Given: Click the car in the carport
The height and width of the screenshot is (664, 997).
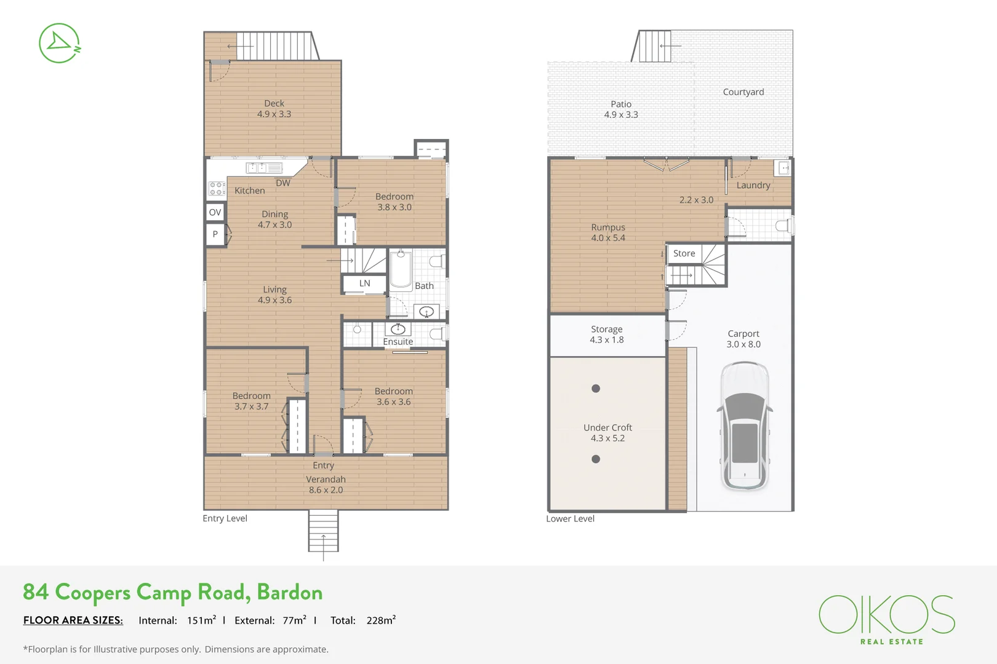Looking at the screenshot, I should [x=745, y=426].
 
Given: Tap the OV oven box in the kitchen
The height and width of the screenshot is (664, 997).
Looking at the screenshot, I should [x=215, y=212].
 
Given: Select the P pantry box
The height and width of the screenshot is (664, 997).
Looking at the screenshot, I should [x=215, y=234].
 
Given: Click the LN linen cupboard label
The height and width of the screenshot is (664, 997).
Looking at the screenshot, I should [x=364, y=283].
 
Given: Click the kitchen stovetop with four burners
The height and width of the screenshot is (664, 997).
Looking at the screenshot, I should [x=217, y=189].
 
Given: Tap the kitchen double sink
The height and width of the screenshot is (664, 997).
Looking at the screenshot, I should [x=264, y=168].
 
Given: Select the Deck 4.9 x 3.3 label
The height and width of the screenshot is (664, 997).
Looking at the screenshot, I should [x=274, y=109].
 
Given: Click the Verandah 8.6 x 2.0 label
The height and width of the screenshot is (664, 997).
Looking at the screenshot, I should [x=326, y=484].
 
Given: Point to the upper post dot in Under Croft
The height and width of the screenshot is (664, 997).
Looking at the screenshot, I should [x=596, y=389].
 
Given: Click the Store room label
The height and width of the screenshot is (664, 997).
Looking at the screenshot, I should [x=684, y=253].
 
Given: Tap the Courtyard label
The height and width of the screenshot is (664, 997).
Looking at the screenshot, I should [x=743, y=92].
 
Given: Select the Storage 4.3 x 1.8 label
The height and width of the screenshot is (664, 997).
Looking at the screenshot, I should [x=607, y=334].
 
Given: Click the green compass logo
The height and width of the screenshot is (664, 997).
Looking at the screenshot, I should [x=60, y=43].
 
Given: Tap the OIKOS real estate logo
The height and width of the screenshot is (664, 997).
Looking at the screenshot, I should [x=887, y=619].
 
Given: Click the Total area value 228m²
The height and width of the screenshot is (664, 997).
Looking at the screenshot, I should [x=381, y=620].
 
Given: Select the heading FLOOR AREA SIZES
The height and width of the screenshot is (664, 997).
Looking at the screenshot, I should [x=73, y=620].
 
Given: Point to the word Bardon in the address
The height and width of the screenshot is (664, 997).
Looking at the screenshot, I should [x=289, y=592].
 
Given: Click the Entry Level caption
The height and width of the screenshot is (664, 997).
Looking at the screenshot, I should [x=225, y=518].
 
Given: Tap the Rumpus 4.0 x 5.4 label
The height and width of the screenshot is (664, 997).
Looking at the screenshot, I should [x=608, y=232].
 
